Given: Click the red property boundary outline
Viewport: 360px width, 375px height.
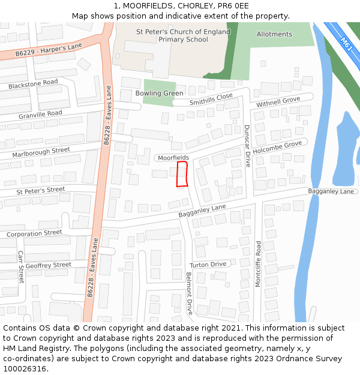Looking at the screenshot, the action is coord(182,174).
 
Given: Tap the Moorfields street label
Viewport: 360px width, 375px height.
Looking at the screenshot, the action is coord(174,157).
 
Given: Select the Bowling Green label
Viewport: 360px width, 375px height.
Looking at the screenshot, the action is coord(159,93).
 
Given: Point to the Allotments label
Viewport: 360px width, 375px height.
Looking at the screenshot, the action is coord(274,34).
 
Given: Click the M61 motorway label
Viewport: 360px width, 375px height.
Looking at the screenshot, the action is coord(346,44).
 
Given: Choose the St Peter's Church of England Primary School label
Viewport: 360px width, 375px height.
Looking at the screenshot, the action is coord(183,35).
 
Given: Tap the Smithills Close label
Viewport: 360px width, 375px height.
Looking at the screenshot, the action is coord(211,99).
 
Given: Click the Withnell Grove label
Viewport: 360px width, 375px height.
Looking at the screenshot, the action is coord(278,102).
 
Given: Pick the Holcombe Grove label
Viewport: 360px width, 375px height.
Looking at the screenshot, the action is coord(277,148).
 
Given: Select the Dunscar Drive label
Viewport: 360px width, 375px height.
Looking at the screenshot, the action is coord(247,146).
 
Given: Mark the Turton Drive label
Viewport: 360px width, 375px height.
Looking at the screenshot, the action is coord(208,264).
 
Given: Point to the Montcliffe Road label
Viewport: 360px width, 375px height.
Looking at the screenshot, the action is coord(258,264).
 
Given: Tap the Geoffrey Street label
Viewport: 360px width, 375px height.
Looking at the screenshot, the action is coord(48,265).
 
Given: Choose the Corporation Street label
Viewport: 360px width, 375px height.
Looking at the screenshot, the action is coord(34,233).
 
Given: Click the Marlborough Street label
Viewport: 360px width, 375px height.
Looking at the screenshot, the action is coord(41,152).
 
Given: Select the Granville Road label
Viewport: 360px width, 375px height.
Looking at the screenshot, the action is coord(40,114).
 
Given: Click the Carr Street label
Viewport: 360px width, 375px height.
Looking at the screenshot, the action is coord(20,267).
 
